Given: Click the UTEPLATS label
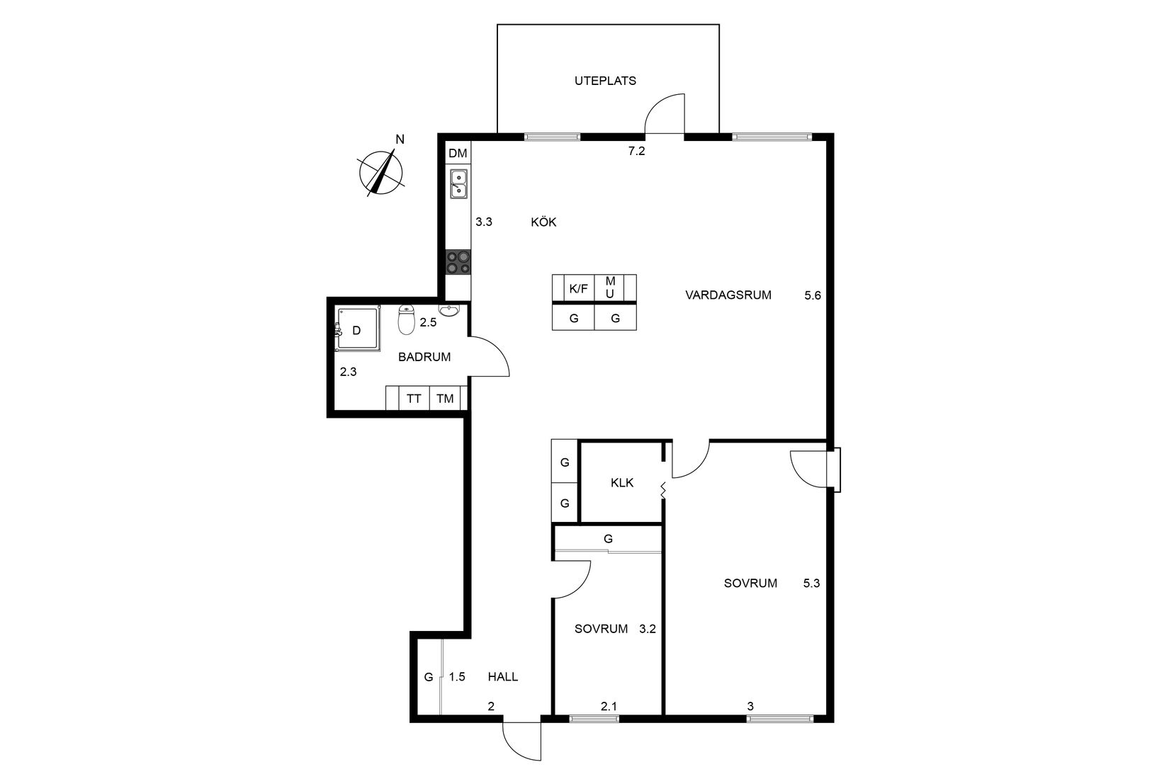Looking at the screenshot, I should (605, 81).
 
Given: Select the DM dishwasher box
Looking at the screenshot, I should (458, 153).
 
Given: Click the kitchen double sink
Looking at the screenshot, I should (458, 183).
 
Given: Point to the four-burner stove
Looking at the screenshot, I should (458, 263).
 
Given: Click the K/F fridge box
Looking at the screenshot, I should (578, 288).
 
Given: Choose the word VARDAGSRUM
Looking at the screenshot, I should (728, 295).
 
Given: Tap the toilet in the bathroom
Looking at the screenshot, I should (406, 320).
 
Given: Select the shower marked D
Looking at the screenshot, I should (356, 329).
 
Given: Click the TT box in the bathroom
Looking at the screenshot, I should (414, 399).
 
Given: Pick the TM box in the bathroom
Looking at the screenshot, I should (445, 399).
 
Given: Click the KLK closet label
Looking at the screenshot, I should (622, 483).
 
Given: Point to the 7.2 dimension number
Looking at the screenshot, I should (636, 151).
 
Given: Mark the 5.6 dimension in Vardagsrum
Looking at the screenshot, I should (813, 295).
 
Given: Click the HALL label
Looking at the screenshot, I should (502, 676).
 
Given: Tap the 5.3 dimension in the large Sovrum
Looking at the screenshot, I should (812, 584).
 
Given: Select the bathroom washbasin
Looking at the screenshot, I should (449, 309).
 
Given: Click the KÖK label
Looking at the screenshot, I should (543, 222).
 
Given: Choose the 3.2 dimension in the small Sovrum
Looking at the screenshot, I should (648, 628).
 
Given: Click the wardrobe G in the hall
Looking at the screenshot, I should (428, 677).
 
